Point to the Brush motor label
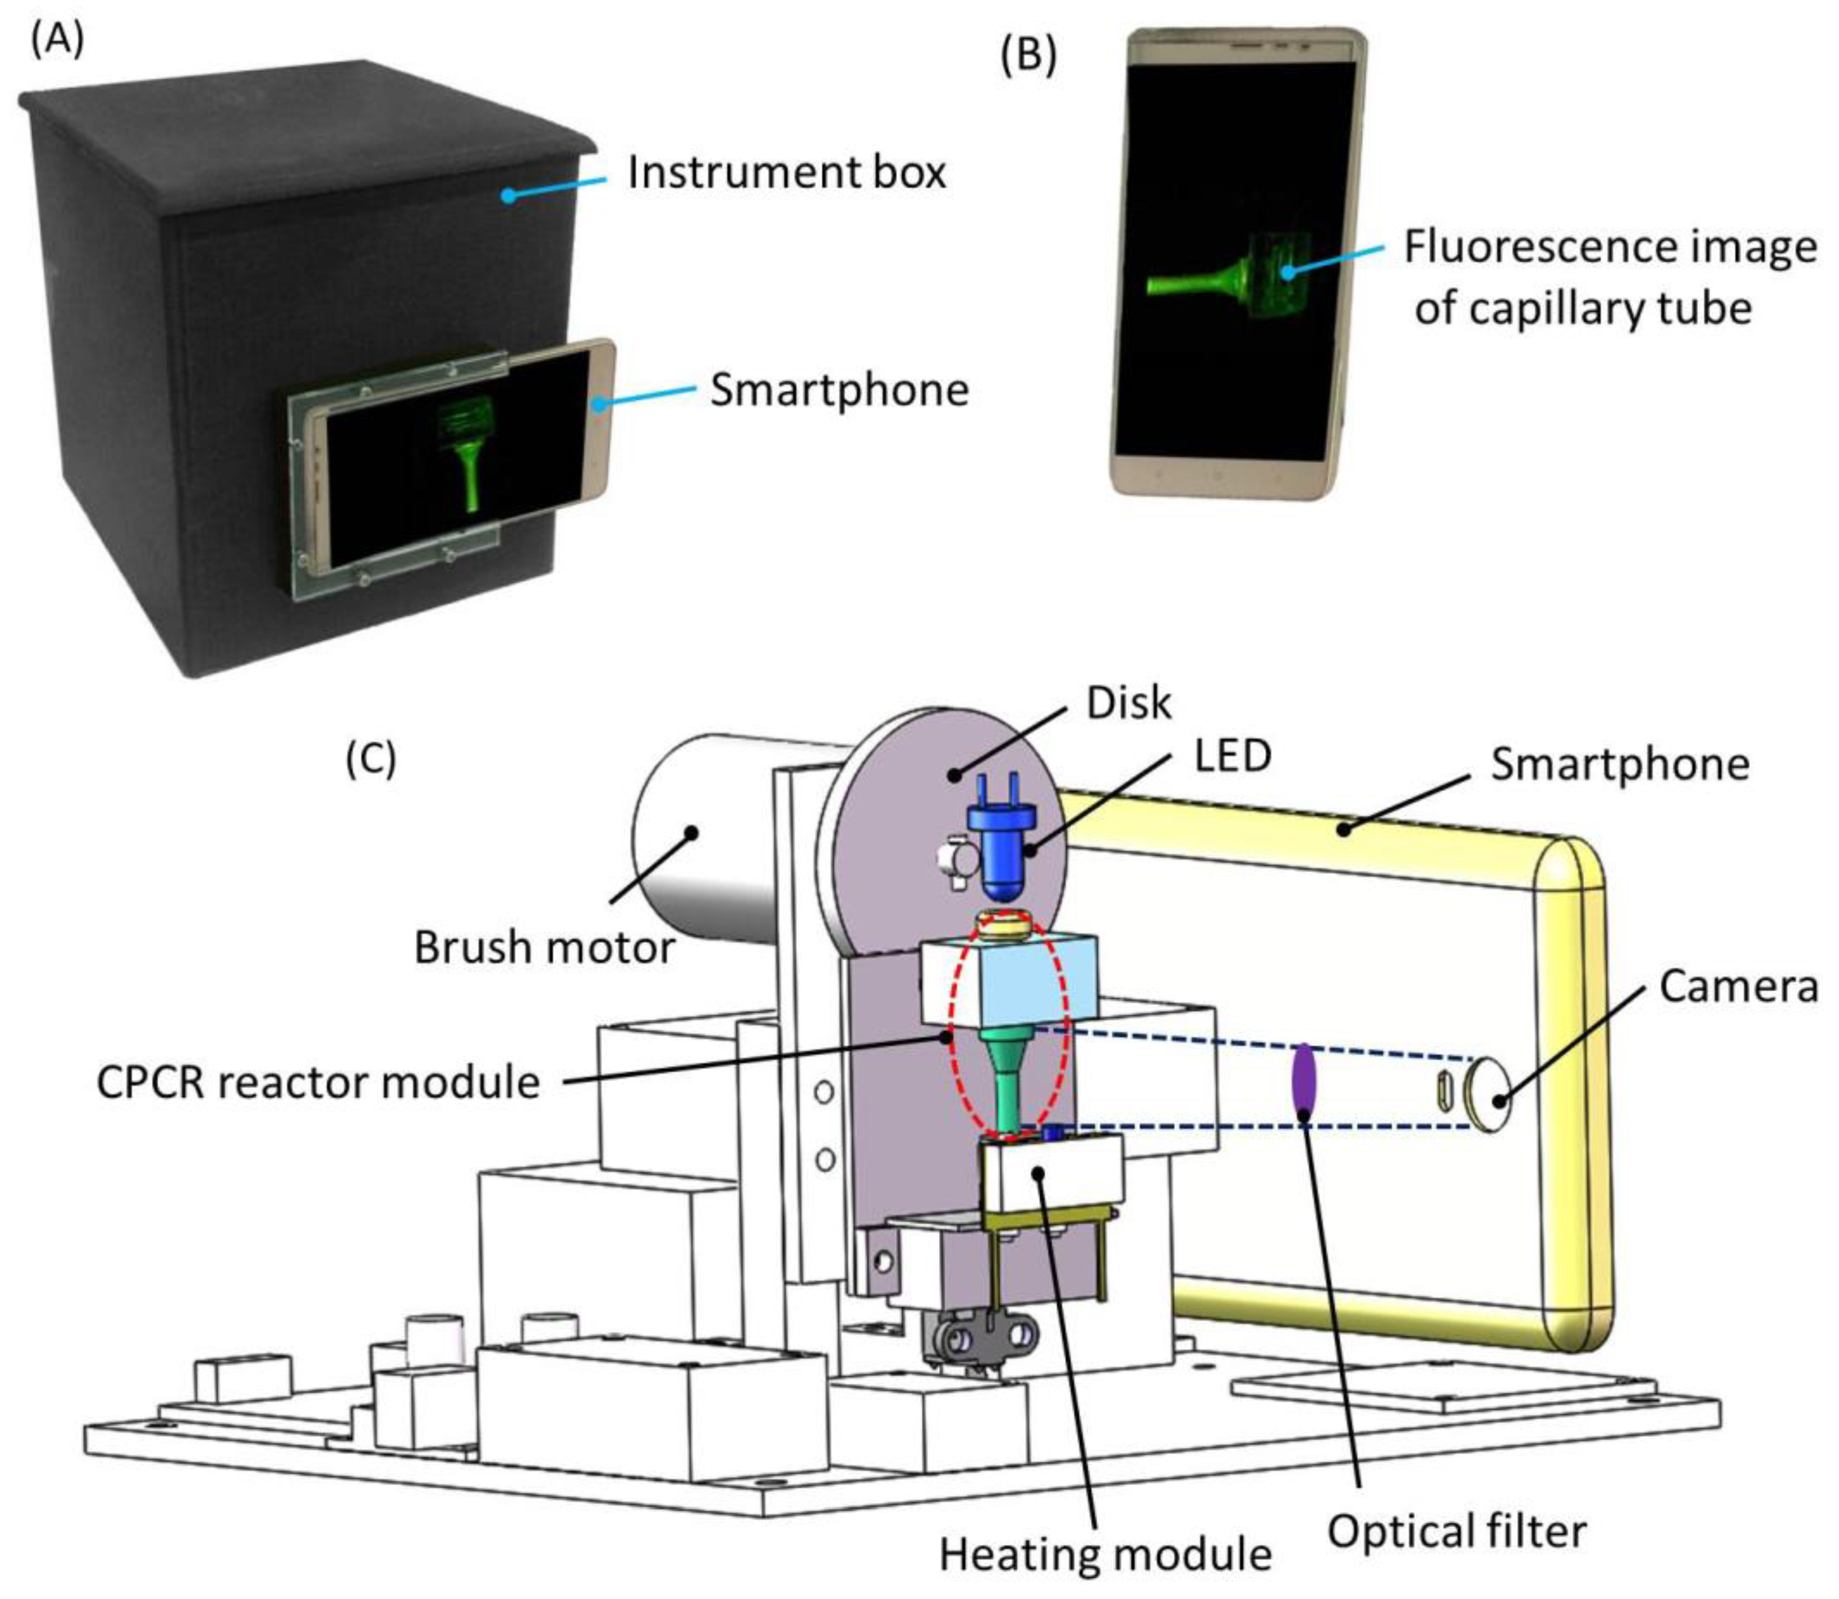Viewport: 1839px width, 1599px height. pos(545,948)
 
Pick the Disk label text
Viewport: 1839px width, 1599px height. pos(1128,704)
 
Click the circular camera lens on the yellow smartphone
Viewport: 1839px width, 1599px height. pos(1488,1096)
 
